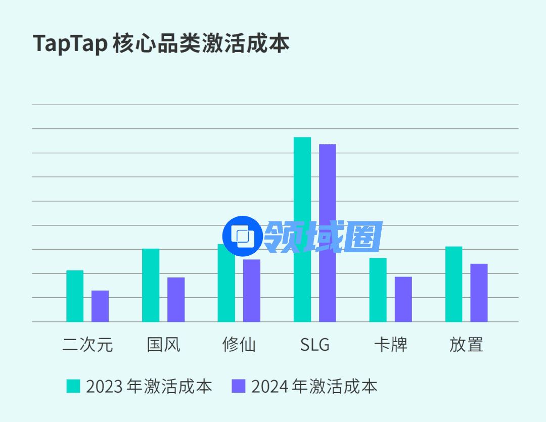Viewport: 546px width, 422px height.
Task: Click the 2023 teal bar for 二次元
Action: pyautogui.click(x=75, y=296)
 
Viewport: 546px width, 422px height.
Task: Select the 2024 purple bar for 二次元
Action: pyautogui.click(x=100, y=306)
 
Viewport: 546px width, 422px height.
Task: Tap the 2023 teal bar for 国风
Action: pyautogui.click(x=151, y=285)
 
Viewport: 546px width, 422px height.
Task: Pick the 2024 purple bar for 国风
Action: pyautogui.click(x=176, y=300)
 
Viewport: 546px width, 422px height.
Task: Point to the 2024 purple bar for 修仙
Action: pyautogui.click(x=252, y=291)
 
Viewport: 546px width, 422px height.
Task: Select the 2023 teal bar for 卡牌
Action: pyautogui.click(x=378, y=290)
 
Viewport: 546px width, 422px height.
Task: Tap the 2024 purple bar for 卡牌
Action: pyautogui.click(x=403, y=299)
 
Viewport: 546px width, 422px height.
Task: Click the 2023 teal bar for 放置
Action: pyautogui.click(x=453, y=284)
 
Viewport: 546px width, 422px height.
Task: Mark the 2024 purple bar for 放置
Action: pyautogui.click(x=479, y=293)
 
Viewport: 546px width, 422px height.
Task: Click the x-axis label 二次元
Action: pyautogui.click(x=87, y=345)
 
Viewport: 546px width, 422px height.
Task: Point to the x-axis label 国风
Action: pyautogui.click(x=163, y=345)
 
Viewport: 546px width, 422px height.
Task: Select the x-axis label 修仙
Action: pyautogui.click(x=239, y=345)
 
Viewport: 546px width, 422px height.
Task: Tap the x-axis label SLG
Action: pyautogui.click(x=314, y=345)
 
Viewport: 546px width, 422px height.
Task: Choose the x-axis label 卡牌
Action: pyautogui.click(x=390, y=345)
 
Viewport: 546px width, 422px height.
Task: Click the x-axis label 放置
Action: pyautogui.click(x=466, y=345)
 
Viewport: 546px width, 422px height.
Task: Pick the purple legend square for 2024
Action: pyautogui.click(x=238, y=386)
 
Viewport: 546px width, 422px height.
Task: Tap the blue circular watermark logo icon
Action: pyautogui.click(x=243, y=236)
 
